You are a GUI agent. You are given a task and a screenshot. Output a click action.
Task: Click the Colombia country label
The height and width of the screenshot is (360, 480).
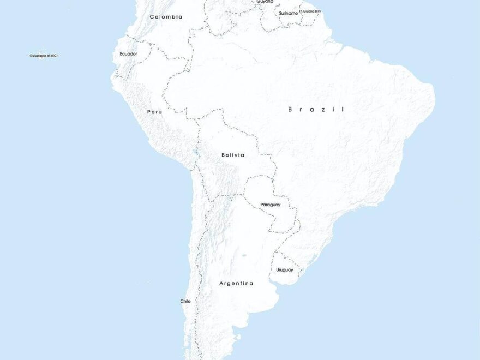pyautogui.click(x=166, y=17)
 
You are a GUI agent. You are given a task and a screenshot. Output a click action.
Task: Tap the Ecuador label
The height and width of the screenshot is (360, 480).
pyautogui.click(x=128, y=54)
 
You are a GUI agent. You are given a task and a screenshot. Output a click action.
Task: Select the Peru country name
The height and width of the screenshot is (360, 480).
pyautogui.click(x=154, y=112)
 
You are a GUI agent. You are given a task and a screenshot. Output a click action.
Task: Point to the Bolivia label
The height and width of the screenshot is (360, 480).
pyautogui.click(x=233, y=155)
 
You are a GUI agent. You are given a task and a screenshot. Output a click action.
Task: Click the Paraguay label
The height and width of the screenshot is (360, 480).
pyautogui.click(x=270, y=205)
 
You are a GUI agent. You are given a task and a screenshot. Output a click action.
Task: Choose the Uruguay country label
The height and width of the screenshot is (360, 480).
pyautogui.click(x=284, y=270)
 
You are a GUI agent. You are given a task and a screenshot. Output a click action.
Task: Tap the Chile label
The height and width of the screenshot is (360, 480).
pyautogui.click(x=185, y=301)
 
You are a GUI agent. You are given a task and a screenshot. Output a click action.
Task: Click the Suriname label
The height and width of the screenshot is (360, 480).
pyautogui.click(x=288, y=13)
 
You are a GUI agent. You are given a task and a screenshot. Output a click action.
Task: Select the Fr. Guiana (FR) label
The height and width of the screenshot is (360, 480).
pyautogui.click(x=310, y=11)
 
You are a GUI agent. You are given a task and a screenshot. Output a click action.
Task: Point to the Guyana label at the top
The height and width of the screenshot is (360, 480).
pyautogui.click(x=265, y=2)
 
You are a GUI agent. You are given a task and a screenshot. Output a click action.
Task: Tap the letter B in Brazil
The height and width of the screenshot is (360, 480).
pyautogui.click(x=291, y=110)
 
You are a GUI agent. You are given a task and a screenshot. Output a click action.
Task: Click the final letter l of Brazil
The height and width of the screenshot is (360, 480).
pyautogui.click(x=343, y=110)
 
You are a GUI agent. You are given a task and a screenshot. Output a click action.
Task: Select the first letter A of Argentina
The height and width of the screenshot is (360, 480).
pyautogui.click(x=221, y=284)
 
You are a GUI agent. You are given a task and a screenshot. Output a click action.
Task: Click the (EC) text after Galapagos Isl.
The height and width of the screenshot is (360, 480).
pyautogui.click(x=55, y=56)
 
